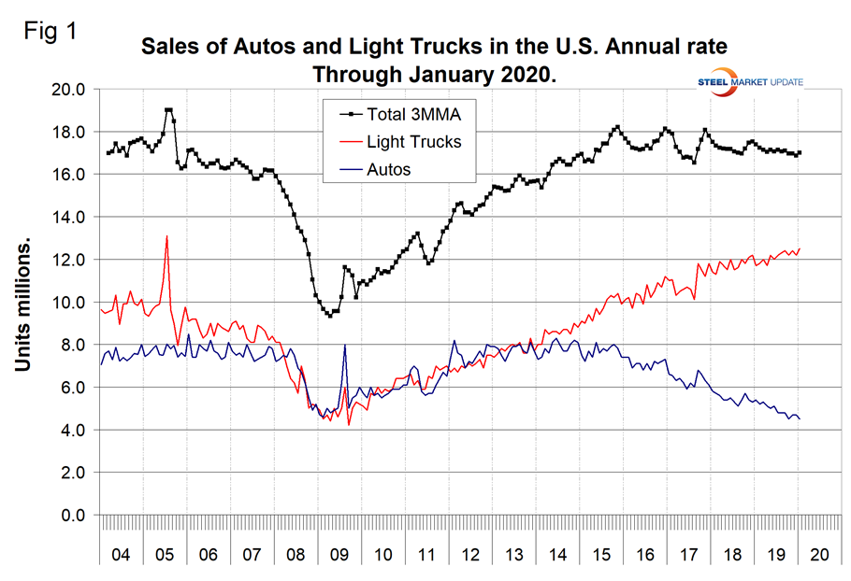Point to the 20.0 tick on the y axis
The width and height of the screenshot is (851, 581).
point(68,90)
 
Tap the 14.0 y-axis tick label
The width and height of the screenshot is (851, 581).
point(68,217)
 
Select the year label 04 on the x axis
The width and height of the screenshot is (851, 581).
point(121,553)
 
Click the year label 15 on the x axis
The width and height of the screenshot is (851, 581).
point(602,553)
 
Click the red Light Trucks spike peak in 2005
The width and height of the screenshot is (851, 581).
point(166,235)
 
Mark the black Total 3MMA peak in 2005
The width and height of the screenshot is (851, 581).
point(168,109)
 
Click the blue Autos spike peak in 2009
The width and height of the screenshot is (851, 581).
point(345,345)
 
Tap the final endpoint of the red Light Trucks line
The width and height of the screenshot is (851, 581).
point(800,248)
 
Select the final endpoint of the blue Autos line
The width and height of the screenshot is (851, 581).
point(800,418)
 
